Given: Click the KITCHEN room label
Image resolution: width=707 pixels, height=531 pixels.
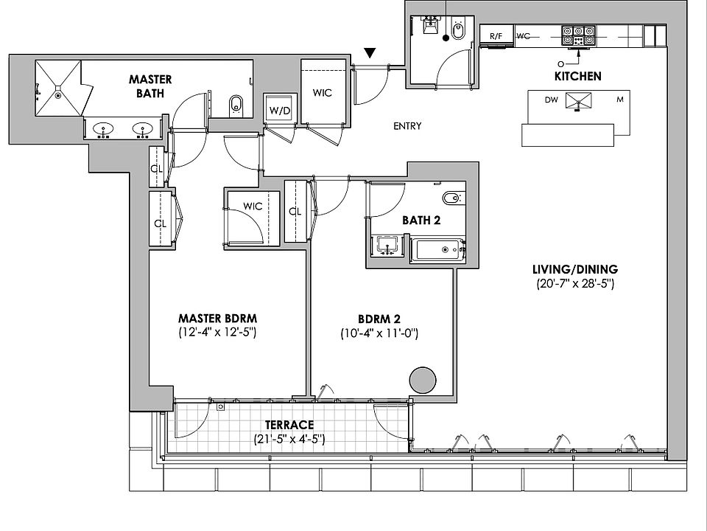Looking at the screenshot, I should pos(577,76).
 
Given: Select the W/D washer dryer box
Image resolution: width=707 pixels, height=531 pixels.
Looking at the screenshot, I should pos(279,111).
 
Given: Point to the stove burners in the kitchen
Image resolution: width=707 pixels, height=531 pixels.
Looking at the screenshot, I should pos(579,33).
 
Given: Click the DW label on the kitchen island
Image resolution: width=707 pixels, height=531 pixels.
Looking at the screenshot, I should pos(551,100).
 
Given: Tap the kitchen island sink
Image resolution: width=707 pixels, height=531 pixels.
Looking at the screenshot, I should pos(577,101).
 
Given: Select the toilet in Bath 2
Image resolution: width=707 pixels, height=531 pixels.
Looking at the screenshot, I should pos(451,198).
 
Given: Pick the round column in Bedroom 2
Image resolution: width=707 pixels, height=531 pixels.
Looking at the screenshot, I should pos(423,381).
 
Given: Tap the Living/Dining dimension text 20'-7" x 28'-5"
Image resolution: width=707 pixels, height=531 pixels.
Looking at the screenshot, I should pos(575,284).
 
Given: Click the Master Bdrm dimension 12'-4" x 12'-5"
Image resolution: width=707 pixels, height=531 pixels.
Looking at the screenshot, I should pos(217,333).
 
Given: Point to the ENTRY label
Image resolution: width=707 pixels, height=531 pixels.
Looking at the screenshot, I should pos(407,126).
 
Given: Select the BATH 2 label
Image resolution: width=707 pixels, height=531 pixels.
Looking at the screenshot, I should pos(421,220).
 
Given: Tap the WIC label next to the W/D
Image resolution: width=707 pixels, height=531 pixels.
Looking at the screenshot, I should pos(322,93).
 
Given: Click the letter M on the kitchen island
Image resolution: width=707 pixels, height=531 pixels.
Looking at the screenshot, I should pos(619,100).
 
